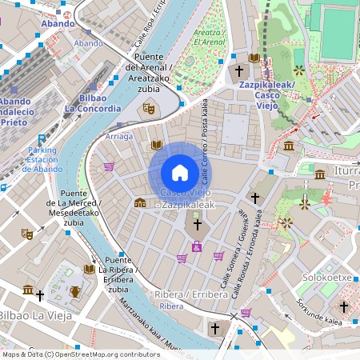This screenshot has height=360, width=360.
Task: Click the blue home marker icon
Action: (180, 172)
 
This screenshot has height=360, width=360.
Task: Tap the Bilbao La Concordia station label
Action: (92, 102)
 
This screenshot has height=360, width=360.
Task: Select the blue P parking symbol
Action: (42, 138)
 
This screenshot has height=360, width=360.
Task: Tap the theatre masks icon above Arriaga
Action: (148, 107)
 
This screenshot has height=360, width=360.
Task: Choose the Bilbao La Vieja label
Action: (37, 316)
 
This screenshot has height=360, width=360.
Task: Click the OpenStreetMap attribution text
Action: (81, 354)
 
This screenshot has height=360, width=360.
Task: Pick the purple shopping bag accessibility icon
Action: (197, 248)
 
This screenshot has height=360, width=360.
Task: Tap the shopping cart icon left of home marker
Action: (109, 166)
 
